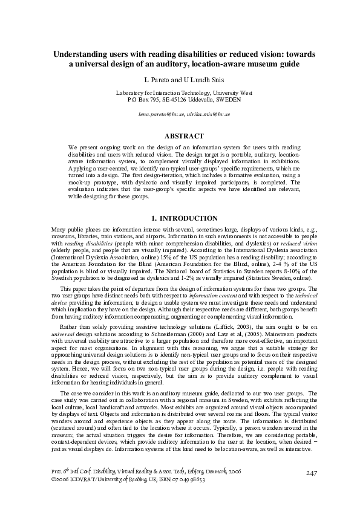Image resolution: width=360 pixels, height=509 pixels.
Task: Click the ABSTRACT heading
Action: [x=180, y=137]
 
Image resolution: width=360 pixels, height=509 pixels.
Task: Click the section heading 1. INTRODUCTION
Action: [x=180, y=218]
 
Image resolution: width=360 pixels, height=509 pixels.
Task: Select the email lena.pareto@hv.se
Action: [x=159, y=114]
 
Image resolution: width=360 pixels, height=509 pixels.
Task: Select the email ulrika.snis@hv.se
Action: [x=203, y=114]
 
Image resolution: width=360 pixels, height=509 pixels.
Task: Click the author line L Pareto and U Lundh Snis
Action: [x=180, y=79]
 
